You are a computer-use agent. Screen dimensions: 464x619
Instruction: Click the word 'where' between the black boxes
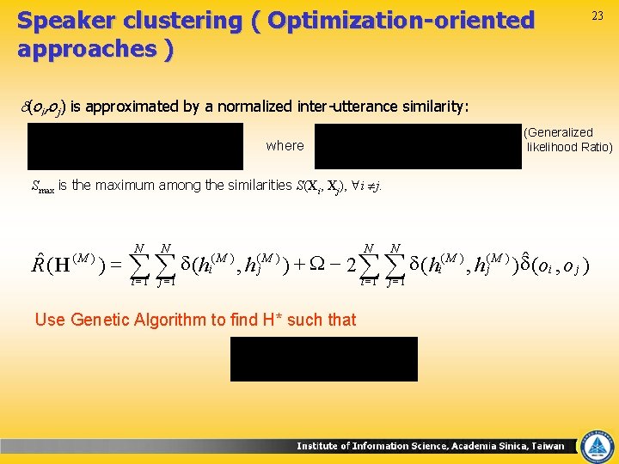(x=285, y=146)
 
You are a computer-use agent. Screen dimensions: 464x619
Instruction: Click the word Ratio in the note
(x=596, y=147)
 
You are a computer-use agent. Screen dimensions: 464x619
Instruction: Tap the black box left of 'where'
(x=136, y=146)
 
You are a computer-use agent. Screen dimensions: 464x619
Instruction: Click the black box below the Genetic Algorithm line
(x=323, y=358)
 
